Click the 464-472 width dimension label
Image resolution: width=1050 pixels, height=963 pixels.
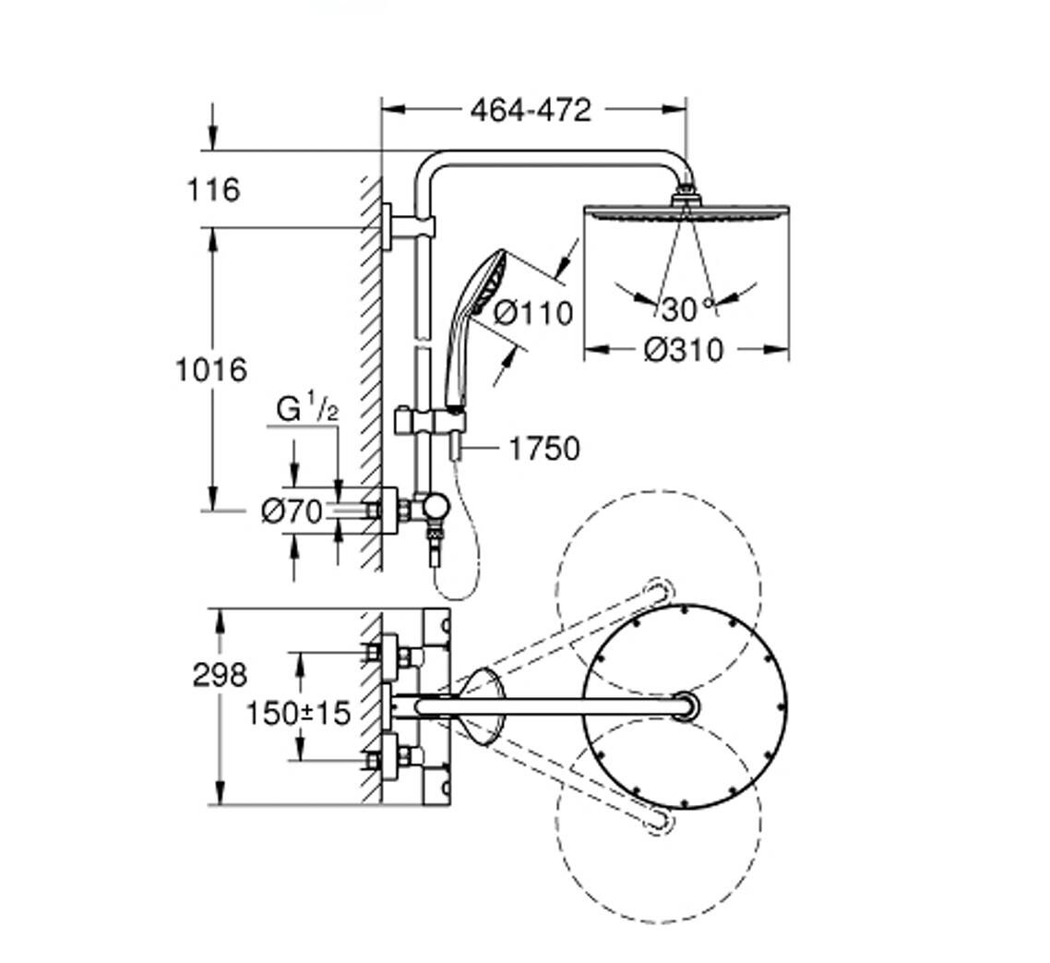point(531,110)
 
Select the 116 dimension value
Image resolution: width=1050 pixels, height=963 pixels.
point(213,190)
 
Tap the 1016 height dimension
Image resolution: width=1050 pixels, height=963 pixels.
point(212,370)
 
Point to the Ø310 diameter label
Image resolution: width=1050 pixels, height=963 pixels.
point(684,350)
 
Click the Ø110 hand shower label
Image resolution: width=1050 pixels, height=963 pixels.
point(532,313)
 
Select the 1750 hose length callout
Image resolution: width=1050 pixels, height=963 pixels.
point(544,450)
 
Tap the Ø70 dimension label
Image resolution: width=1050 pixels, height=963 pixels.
point(292,511)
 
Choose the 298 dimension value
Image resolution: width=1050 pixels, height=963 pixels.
point(220,675)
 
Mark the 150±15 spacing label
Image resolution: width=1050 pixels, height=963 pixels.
point(299,713)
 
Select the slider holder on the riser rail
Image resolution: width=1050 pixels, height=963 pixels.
point(430,422)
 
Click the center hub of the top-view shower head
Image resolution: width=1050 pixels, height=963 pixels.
point(685,705)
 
